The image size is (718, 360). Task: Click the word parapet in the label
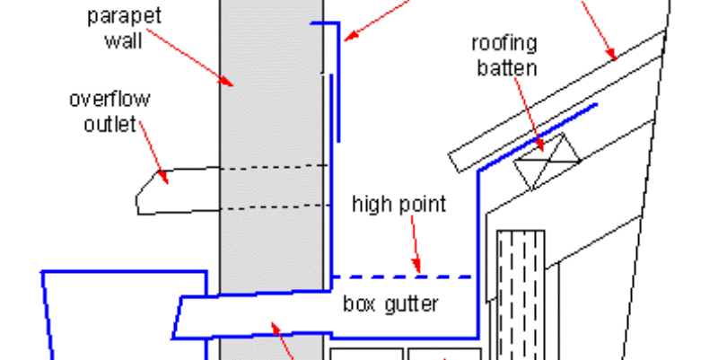pos(124,16)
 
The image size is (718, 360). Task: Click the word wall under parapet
pos(123,40)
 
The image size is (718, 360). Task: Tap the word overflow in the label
pos(109,99)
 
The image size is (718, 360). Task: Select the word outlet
pos(110,124)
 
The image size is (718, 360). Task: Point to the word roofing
pos(504,44)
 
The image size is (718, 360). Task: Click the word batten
pos(507,68)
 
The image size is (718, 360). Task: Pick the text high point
pos(398,205)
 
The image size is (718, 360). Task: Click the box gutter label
pos(390,303)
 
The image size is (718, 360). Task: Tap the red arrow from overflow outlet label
pos(153,153)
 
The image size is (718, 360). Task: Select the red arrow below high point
pos(415,244)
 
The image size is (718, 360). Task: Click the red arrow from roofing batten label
pos(530,115)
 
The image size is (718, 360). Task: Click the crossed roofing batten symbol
pos(547,162)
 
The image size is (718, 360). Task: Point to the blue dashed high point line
pos(402,277)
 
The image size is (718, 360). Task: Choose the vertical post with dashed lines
pos(521,294)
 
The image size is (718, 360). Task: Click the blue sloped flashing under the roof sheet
pos(537,138)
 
